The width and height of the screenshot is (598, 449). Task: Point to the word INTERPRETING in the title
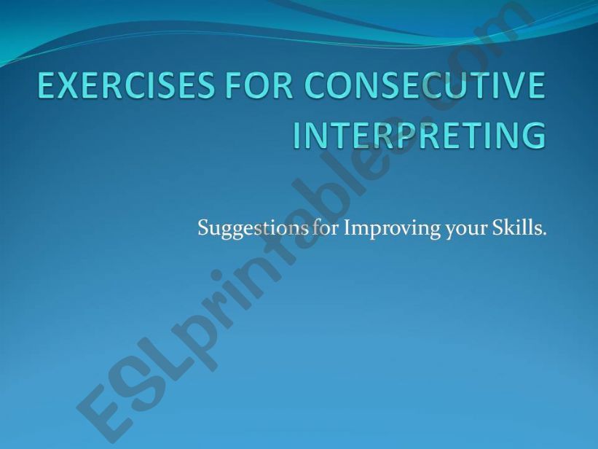pos(420,135)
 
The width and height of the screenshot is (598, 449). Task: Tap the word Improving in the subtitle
pos(382,229)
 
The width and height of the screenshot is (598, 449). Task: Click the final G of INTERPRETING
pos(533,135)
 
